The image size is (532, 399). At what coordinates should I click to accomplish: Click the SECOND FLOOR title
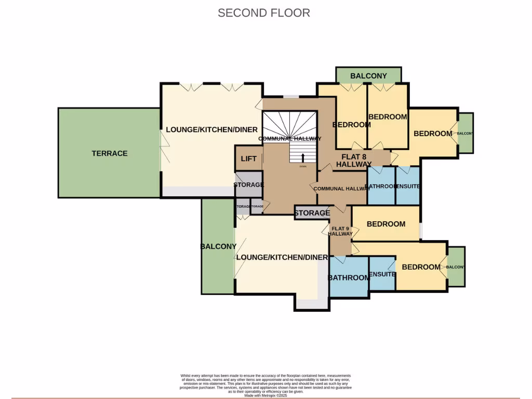(264, 13)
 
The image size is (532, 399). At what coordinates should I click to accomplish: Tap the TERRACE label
(110, 153)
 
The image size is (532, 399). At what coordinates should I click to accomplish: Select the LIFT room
(248, 158)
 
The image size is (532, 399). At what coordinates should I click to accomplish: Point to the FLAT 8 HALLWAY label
(353, 160)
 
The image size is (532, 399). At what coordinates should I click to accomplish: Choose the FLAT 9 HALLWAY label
(340, 231)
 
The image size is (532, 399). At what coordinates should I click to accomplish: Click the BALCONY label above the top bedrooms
(368, 76)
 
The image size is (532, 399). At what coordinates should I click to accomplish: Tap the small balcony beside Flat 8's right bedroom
(465, 134)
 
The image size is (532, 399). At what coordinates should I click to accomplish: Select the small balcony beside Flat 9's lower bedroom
(456, 267)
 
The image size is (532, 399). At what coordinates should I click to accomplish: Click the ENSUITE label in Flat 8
(408, 186)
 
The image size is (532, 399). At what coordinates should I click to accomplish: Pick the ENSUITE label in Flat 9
(382, 274)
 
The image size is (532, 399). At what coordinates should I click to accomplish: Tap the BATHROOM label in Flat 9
(349, 278)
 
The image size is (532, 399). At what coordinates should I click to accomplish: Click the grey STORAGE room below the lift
(248, 185)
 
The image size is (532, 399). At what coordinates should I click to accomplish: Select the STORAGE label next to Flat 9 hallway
(312, 213)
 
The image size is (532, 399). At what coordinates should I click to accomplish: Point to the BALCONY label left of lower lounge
(218, 247)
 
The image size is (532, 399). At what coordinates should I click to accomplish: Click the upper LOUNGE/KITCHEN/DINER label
(211, 129)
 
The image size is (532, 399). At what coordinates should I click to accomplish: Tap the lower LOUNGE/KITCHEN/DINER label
(282, 257)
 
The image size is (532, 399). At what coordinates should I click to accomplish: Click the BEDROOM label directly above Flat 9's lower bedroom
(385, 224)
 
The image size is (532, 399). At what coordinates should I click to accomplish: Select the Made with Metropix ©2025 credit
(265, 395)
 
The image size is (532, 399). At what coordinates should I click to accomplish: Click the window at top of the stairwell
(290, 96)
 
